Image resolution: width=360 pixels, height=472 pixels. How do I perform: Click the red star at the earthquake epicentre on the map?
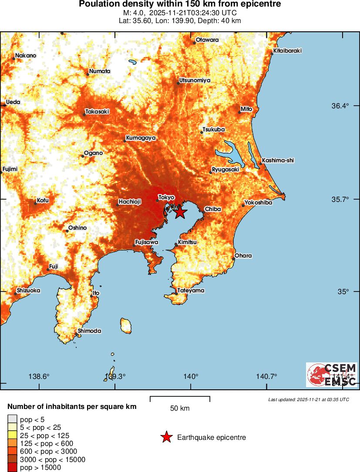click(180, 212)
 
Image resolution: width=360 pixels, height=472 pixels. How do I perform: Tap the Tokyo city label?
click(166, 198)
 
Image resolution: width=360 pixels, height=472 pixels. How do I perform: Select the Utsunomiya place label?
click(195, 80)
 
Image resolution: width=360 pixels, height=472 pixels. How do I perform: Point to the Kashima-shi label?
click(278, 161)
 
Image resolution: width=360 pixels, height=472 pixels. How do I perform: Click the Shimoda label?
click(89, 331)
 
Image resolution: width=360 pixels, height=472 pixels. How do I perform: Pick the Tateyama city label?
click(191, 291)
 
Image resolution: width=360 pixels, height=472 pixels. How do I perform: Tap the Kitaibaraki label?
click(287, 51)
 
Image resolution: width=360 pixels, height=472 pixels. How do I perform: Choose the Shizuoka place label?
click(28, 291)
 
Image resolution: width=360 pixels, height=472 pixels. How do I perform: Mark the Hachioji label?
click(130, 202)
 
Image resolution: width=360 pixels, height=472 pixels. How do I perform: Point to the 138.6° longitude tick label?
click(39, 377)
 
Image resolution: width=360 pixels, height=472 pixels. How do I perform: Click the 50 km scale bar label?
click(180, 408)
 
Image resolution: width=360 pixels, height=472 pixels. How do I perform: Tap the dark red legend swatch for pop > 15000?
click(12, 468)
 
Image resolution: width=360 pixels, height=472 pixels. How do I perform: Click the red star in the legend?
click(166, 437)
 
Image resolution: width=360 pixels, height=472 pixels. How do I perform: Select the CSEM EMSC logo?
click(332, 375)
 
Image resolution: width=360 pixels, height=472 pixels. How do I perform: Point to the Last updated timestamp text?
click(308, 399)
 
